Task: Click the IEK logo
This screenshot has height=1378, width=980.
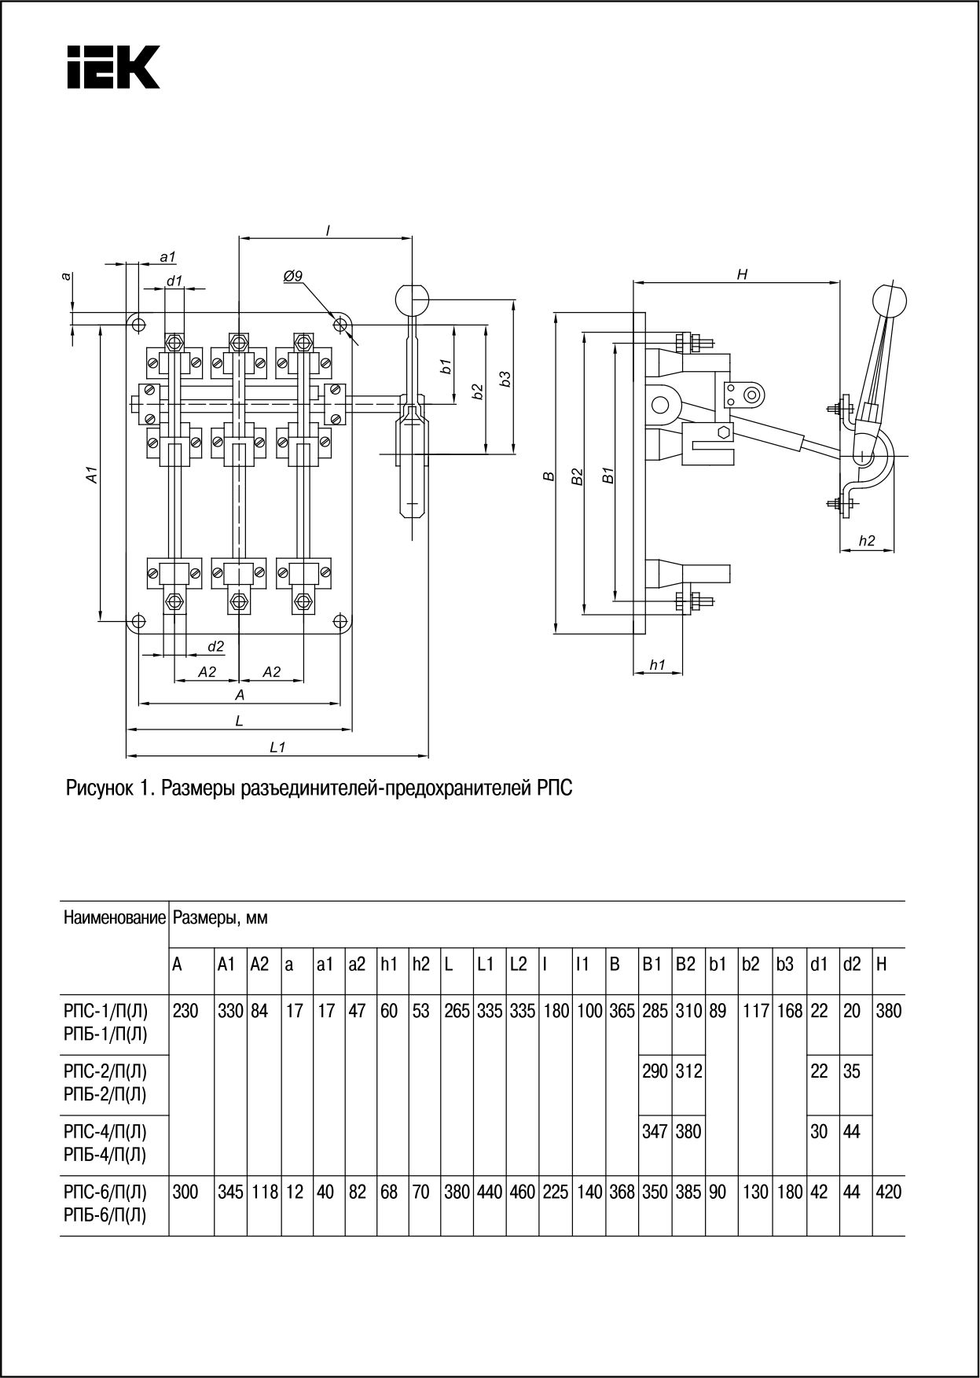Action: (x=113, y=66)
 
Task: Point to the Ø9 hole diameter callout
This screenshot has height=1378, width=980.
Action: (x=292, y=276)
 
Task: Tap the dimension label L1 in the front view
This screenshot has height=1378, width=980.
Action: (x=277, y=747)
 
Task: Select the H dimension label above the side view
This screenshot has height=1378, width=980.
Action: (x=741, y=274)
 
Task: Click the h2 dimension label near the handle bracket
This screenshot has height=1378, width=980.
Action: (x=866, y=540)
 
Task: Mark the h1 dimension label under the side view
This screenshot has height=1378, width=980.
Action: (x=657, y=664)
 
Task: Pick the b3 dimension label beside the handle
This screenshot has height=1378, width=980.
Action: (x=505, y=378)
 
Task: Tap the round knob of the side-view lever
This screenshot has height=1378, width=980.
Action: (x=890, y=301)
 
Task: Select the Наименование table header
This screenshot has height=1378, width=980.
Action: (x=115, y=917)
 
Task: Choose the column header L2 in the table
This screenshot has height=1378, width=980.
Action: (x=518, y=965)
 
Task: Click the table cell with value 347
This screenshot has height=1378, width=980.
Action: (x=654, y=1132)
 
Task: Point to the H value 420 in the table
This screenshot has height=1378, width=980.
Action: (x=888, y=1192)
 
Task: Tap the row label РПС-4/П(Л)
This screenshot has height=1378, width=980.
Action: (x=105, y=1132)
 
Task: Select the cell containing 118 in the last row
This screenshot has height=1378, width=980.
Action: (x=264, y=1192)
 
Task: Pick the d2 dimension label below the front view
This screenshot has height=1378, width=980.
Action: (x=216, y=646)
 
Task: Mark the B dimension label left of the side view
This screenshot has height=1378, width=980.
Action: (x=549, y=476)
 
